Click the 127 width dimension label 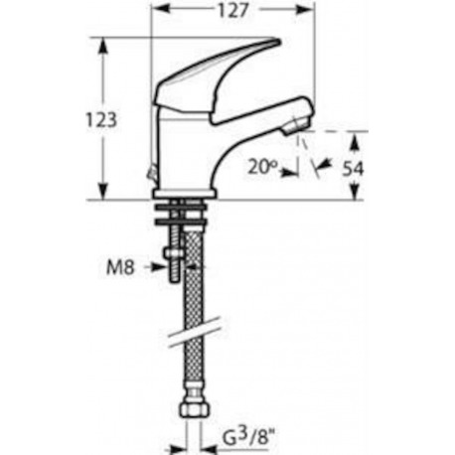[x=232, y=11]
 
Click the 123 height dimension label [x=101, y=120]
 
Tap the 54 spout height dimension [x=353, y=169]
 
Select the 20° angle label [x=262, y=168]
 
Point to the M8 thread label [x=120, y=267]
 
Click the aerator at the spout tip [x=296, y=126]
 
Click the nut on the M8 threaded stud [x=174, y=253]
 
